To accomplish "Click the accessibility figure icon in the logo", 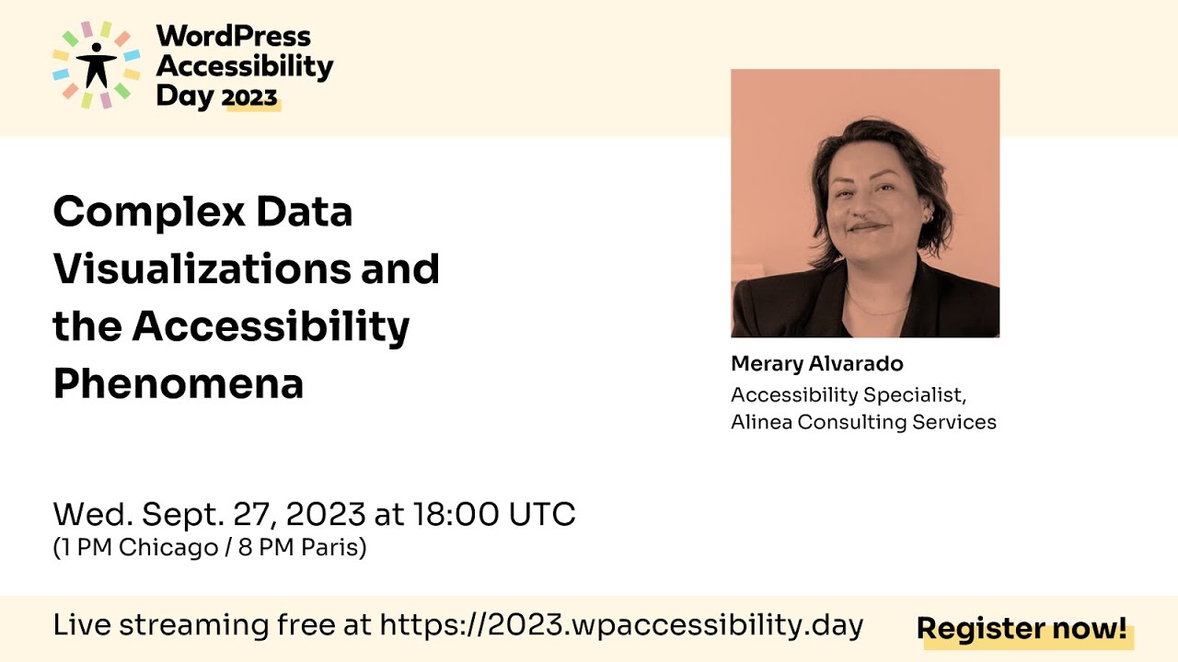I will (x=96, y=64).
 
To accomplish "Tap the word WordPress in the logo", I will (x=234, y=37).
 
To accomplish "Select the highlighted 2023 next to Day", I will (x=250, y=97).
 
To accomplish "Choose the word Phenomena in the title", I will (x=179, y=383).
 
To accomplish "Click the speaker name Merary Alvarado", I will (x=817, y=364).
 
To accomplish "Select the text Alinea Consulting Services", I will (x=863, y=422).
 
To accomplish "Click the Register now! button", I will (x=1022, y=629).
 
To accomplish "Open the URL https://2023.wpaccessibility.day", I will (x=621, y=625).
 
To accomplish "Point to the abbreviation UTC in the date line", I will (x=543, y=514).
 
